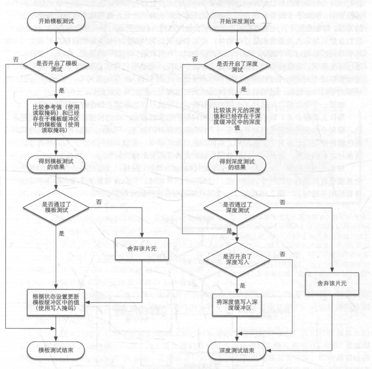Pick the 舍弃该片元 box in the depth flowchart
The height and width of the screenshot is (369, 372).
(332, 284)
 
